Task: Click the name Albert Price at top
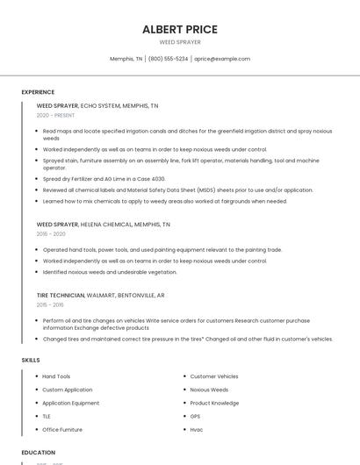tap(180, 29)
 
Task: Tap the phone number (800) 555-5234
tap(168, 59)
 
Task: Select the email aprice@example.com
tap(222, 59)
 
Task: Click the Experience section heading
tap(38, 92)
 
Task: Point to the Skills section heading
tap(31, 360)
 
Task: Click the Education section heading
tap(39, 453)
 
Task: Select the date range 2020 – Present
tap(55, 115)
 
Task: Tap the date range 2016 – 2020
tap(51, 234)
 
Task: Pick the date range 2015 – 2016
tap(50, 304)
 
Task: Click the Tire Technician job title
tap(61, 296)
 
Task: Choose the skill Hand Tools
tap(56, 376)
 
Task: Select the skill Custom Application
tap(67, 390)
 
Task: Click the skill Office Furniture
tap(62, 430)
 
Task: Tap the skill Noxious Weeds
tap(209, 390)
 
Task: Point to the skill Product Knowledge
tap(214, 403)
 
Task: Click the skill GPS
tap(195, 417)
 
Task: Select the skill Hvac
tap(196, 430)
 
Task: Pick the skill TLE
tap(47, 417)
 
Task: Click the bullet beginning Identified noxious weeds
tap(110, 272)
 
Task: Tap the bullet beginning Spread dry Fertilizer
tap(104, 178)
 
